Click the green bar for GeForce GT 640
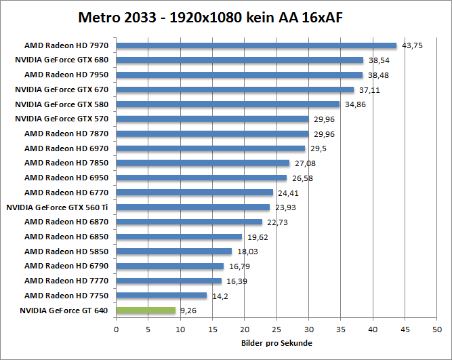(x=146, y=311)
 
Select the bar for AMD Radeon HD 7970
(x=256, y=45)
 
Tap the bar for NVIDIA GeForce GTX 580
(x=228, y=104)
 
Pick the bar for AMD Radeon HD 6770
(x=194, y=193)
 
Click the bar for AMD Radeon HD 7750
(x=161, y=296)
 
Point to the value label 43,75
(x=412, y=46)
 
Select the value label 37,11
(x=369, y=89)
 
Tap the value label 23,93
(x=285, y=207)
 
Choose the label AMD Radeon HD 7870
(x=66, y=134)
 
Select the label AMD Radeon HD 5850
(x=66, y=252)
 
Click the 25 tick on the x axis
(x=276, y=329)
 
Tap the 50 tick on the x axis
(x=436, y=329)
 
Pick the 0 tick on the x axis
(x=117, y=329)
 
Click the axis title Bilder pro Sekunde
(x=276, y=343)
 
